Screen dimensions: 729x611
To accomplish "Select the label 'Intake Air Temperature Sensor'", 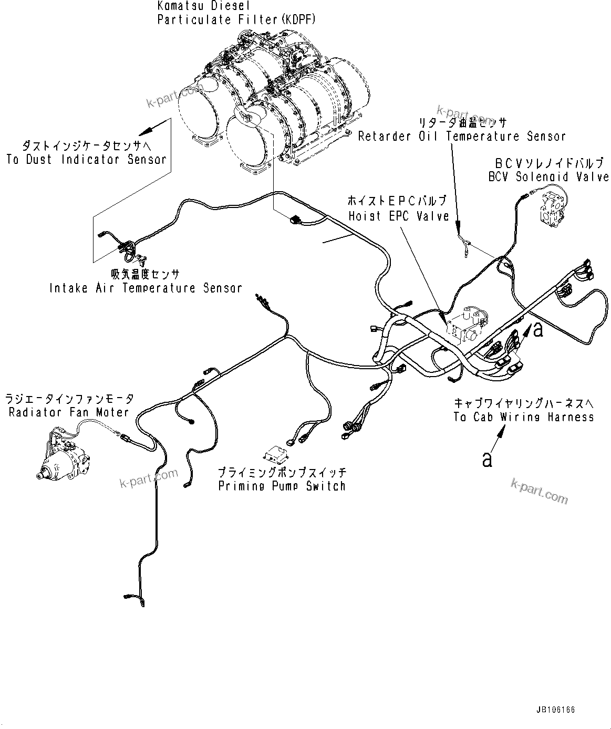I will pos(146,288).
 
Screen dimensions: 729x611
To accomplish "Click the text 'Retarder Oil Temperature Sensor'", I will pos(461,137).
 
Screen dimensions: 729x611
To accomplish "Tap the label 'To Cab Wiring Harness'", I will pos(523,417).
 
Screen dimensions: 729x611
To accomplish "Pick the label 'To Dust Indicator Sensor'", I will pos(86,160).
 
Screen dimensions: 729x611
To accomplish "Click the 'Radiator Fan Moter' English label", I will pos(68,412).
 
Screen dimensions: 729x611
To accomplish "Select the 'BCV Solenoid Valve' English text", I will pos(548,177).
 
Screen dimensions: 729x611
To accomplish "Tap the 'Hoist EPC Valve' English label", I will pos(399,216).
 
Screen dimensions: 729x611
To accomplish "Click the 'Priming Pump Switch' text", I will pos(282,486).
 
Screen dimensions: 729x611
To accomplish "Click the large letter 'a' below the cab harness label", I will pos(488,459).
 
